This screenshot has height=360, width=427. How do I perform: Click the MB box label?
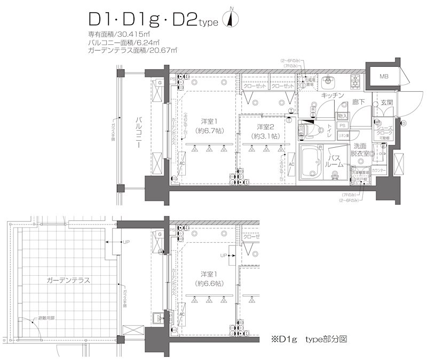tap(384, 77)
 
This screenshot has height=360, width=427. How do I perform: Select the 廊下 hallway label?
tap(358, 101)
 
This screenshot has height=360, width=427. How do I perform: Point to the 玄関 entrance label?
tap(386, 102)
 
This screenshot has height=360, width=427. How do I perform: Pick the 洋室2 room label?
tap(265, 126)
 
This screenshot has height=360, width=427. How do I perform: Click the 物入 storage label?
tap(343, 116)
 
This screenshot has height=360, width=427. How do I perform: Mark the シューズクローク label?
tap(384, 132)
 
